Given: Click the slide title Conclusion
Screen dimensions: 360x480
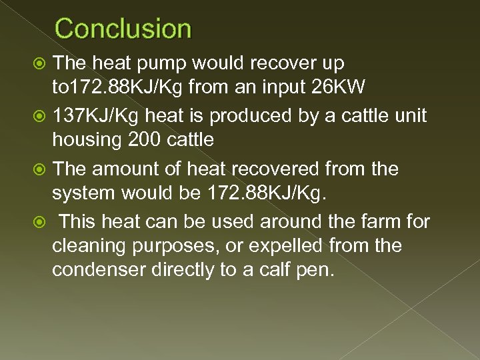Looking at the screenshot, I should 123,29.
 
